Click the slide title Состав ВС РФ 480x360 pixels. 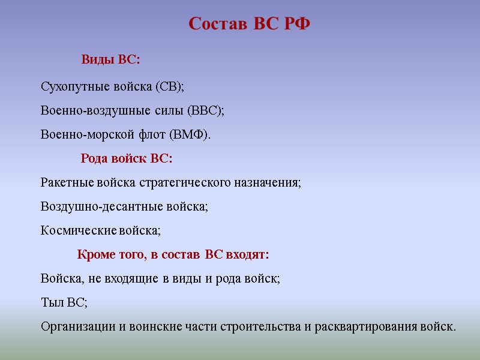click(249, 24)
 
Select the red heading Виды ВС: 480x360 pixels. click(110, 60)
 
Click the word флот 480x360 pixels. click(137, 135)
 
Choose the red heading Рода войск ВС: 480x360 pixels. click(126, 159)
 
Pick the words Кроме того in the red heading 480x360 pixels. click(110, 255)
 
